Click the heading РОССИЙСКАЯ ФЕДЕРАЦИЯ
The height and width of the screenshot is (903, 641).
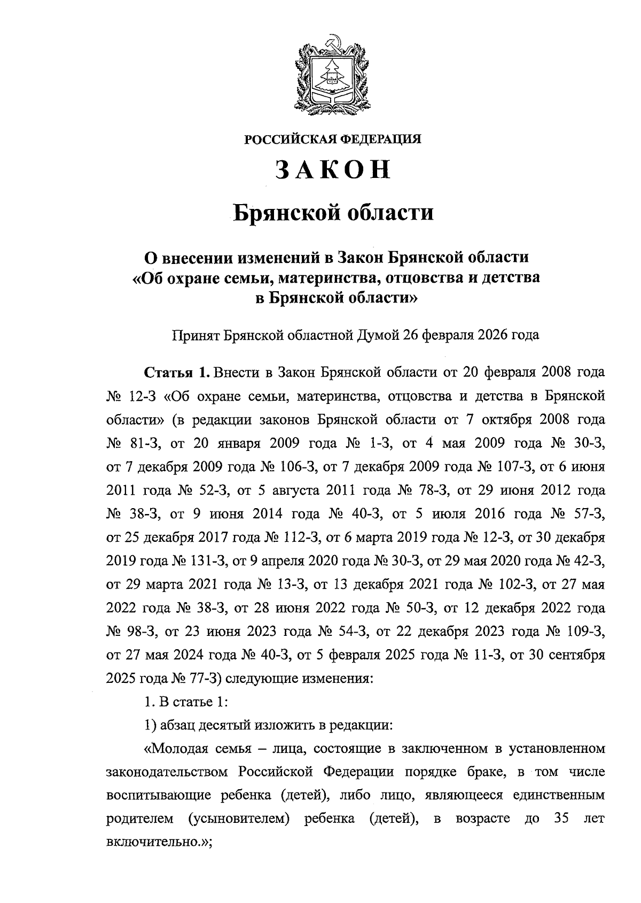point(333,140)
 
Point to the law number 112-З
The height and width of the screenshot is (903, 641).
point(299,538)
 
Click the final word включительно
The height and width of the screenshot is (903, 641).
point(155,843)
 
